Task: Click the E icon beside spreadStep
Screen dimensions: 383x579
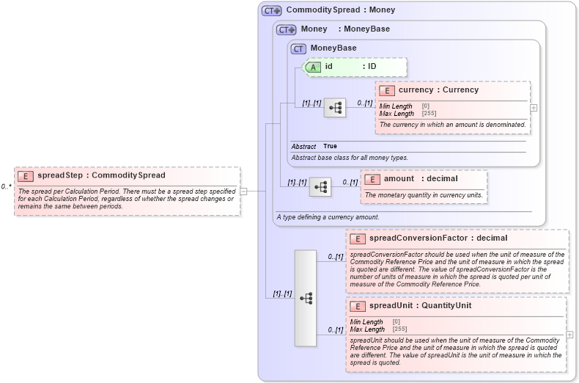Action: pyautogui.click(x=26, y=176)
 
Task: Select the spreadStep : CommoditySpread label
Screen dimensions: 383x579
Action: pyautogui.click(x=101, y=176)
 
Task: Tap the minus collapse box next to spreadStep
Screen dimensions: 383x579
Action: pyautogui.click(x=243, y=191)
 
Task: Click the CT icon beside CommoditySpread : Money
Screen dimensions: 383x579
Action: pyautogui.click(x=272, y=11)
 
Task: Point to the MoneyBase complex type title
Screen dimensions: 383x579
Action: pyautogui.click(x=333, y=48)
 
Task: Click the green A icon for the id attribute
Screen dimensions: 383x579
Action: pyautogui.click(x=313, y=67)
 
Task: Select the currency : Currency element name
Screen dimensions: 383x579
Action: pyautogui.click(x=438, y=90)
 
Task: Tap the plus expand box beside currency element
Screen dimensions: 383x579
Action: pyautogui.click(x=534, y=107)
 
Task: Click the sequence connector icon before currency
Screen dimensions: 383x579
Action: pyautogui.click(x=335, y=107)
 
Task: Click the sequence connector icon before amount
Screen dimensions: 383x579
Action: pyautogui.click(x=320, y=187)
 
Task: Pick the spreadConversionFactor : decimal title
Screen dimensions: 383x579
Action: pyautogui.click(x=438, y=238)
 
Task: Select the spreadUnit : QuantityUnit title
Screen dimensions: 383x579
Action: pyautogui.click(x=420, y=306)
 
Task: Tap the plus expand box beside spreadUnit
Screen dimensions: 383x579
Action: pyautogui.click(x=569, y=335)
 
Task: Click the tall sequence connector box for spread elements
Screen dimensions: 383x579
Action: pyautogui.click(x=306, y=298)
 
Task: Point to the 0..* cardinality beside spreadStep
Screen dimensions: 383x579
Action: pyautogui.click(x=7, y=186)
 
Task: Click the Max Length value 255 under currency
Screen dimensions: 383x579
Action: pyautogui.click(x=429, y=114)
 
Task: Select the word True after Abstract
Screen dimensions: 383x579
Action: pyautogui.click(x=330, y=147)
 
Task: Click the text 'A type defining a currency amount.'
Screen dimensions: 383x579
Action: pyautogui.click(x=328, y=217)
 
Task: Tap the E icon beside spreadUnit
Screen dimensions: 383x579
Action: pyautogui.click(x=358, y=306)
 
